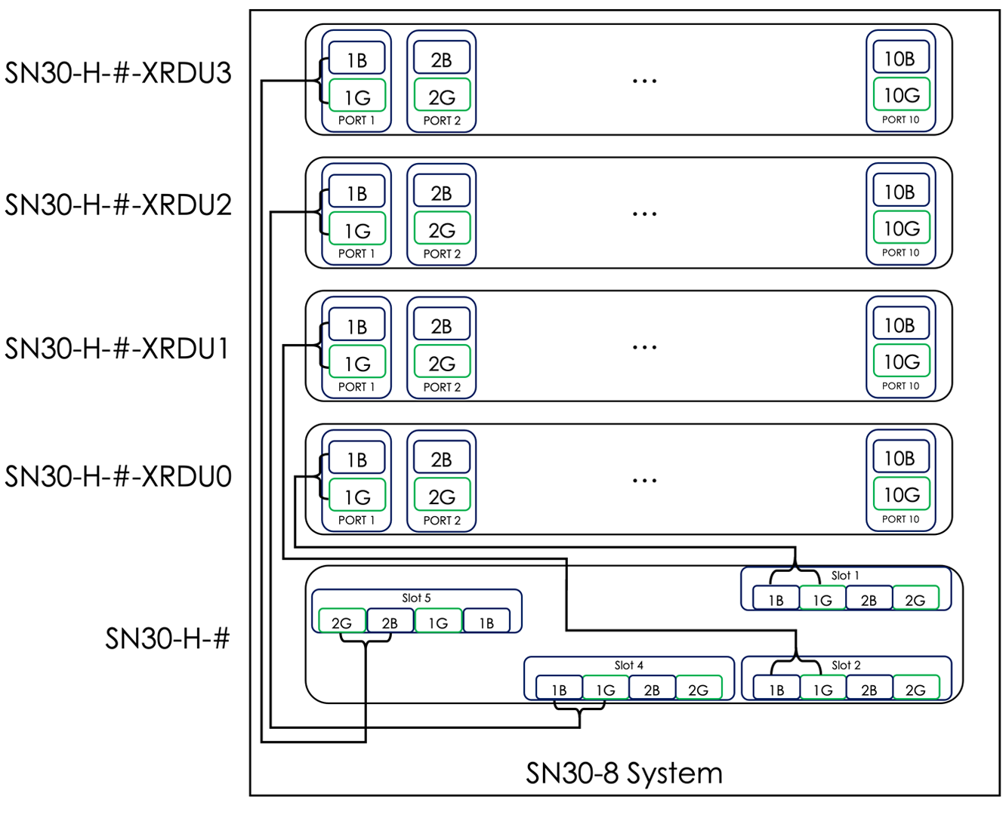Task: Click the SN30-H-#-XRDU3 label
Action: pyautogui.click(x=118, y=73)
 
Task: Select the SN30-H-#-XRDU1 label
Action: pyautogui.click(x=117, y=349)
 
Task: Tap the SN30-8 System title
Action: pyautogui.click(x=624, y=773)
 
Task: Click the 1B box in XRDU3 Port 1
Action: pyautogui.click(x=356, y=60)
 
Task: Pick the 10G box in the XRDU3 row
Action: pyautogui.click(x=901, y=95)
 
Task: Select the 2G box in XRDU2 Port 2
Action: pyautogui.click(x=442, y=229)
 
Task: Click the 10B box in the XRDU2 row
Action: pyautogui.click(x=900, y=192)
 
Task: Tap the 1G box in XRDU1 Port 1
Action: pyautogui.click(x=356, y=364)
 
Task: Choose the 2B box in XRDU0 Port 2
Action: pyautogui.click(x=442, y=459)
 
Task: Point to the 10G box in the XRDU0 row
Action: pyautogui.click(x=901, y=495)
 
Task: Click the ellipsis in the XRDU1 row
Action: pyautogui.click(x=644, y=347)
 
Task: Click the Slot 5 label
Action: pyautogui.click(x=416, y=598)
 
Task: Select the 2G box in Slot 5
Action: pyautogui.click(x=341, y=623)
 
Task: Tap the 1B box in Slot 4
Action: pyautogui.click(x=559, y=690)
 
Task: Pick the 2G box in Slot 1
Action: pyautogui.click(x=915, y=600)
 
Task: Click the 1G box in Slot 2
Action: pyautogui.click(x=822, y=690)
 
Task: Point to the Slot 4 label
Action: pyautogui.click(x=628, y=665)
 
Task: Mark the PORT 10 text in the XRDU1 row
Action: pyautogui.click(x=900, y=386)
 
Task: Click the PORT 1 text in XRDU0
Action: pyautogui.click(x=356, y=520)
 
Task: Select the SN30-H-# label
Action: pyautogui.click(x=167, y=638)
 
